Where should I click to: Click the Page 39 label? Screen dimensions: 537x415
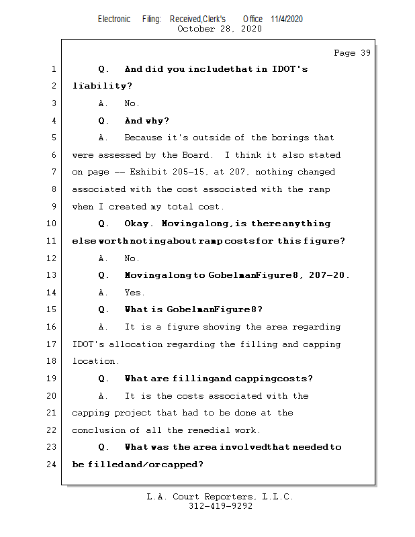tap(352, 53)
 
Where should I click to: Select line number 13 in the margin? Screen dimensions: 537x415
tap(52, 275)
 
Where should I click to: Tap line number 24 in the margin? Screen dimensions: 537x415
tap(52, 465)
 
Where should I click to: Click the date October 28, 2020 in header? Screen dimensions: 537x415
tap(219, 29)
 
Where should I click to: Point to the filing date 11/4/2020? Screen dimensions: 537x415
tap(287, 19)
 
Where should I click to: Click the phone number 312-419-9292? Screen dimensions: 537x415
tap(220, 507)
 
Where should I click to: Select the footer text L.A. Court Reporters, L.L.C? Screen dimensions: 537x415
tap(220, 497)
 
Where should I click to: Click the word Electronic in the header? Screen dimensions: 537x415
tap(114, 19)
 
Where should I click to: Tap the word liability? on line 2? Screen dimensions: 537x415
tap(102, 86)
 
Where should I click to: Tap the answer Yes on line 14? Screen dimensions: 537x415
tap(134, 293)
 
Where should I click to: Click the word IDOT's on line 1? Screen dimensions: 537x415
tap(290, 69)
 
